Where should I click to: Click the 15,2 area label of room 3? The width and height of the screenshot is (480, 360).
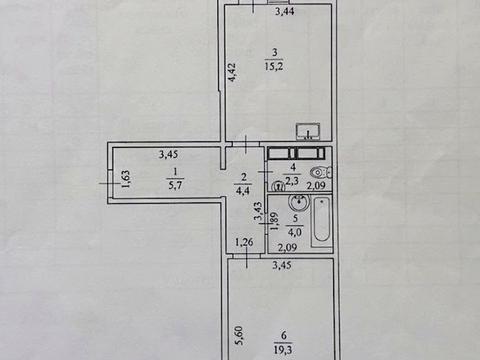274,66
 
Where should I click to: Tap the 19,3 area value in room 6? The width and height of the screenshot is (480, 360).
283,349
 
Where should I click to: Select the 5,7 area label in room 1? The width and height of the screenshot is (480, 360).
175,185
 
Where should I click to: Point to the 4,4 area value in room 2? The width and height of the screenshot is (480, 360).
243,191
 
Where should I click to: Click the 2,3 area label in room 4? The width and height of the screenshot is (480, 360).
292,181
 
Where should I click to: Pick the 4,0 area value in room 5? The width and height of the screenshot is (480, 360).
295,232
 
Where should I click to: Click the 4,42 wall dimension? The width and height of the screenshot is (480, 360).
232,73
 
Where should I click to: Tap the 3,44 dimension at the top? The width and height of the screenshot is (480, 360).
285,12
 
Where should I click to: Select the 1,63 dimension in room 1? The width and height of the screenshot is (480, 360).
126,179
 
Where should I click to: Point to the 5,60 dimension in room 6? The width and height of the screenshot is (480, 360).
241,336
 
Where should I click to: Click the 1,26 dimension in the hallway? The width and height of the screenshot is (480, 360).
244,242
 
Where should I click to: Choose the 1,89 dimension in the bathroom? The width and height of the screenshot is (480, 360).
274,222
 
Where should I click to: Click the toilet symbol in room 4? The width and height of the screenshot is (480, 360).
321,173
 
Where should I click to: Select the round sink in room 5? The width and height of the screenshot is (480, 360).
299,202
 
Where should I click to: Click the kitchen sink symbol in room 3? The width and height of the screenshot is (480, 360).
308,131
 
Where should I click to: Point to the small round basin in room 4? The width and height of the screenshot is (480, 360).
278,186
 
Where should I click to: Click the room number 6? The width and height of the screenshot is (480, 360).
283,336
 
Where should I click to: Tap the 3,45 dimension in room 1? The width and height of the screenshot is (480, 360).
169,155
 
